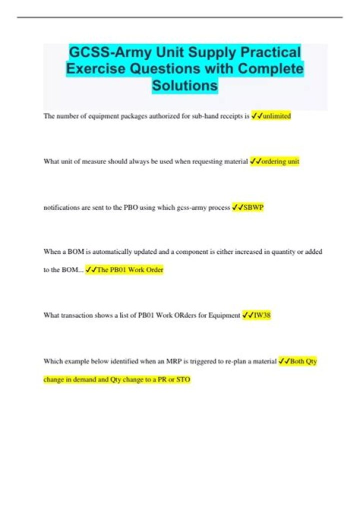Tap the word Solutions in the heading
coord(185,86)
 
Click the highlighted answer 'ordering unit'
coord(280,161)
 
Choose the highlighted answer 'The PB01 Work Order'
coord(130,270)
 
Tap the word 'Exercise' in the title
coord(95,69)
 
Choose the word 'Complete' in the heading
coord(270,69)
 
